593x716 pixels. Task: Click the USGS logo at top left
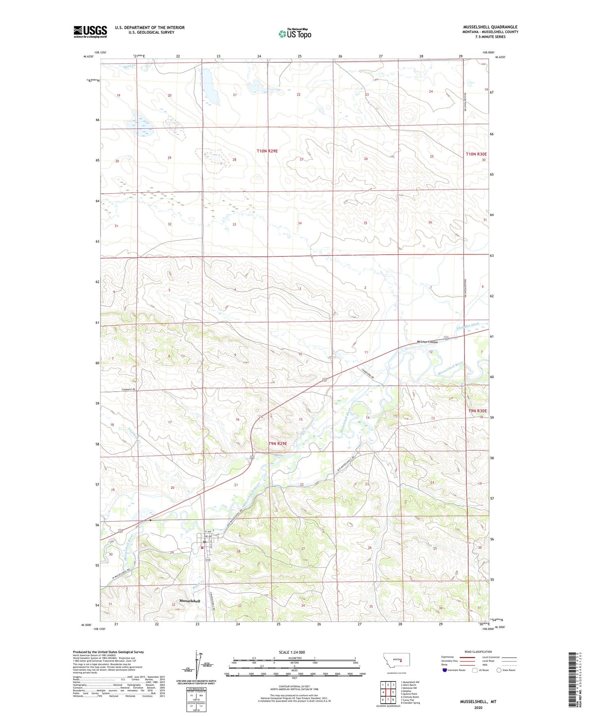tap(90, 31)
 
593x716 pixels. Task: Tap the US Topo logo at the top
tap(294, 34)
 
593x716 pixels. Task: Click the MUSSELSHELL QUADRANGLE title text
tap(490, 27)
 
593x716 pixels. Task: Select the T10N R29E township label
tap(267, 151)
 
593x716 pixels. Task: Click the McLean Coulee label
tap(427, 342)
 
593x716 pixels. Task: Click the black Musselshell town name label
tap(190, 601)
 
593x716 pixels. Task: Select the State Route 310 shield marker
tap(208, 560)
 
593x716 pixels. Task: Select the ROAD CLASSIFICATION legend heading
tap(478, 652)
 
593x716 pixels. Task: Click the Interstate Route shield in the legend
tap(445, 670)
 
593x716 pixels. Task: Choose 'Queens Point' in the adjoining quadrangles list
tap(409, 694)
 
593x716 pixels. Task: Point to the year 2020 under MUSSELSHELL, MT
tap(478, 707)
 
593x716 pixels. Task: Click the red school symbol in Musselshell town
tap(202, 547)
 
